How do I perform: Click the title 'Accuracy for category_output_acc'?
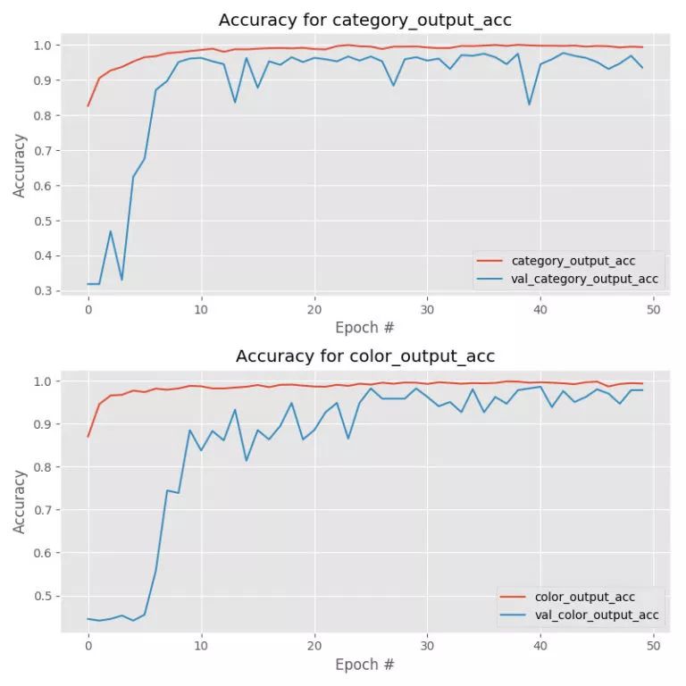(x=364, y=21)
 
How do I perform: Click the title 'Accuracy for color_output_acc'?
(x=364, y=356)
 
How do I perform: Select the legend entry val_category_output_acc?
(x=584, y=279)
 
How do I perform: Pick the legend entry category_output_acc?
(x=573, y=261)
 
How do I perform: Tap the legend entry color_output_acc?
(x=584, y=597)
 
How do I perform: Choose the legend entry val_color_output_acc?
(x=596, y=615)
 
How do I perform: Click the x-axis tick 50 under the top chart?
(x=653, y=309)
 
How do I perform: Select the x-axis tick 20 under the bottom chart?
(x=314, y=645)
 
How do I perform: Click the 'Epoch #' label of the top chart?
(x=364, y=328)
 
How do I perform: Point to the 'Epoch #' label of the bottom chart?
(x=364, y=665)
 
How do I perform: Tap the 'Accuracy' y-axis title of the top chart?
(x=20, y=165)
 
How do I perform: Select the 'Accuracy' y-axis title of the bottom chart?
(x=20, y=502)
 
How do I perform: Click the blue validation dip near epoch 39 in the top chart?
(x=529, y=105)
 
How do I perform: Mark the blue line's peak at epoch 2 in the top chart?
(x=111, y=231)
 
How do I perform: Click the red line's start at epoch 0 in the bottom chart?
(x=88, y=436)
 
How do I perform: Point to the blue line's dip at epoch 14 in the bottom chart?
(x=247, y=461)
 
